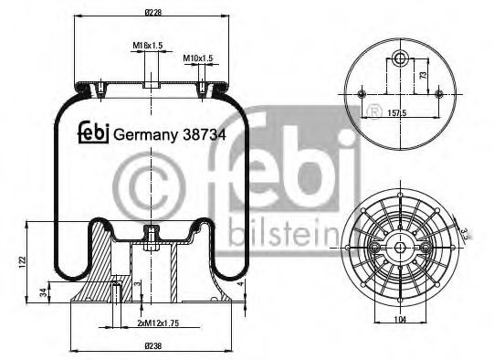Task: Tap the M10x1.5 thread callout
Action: click(x=197, y=58)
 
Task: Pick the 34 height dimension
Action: click(x=44, y=293)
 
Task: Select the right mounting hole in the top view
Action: click(x=441, y=92)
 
